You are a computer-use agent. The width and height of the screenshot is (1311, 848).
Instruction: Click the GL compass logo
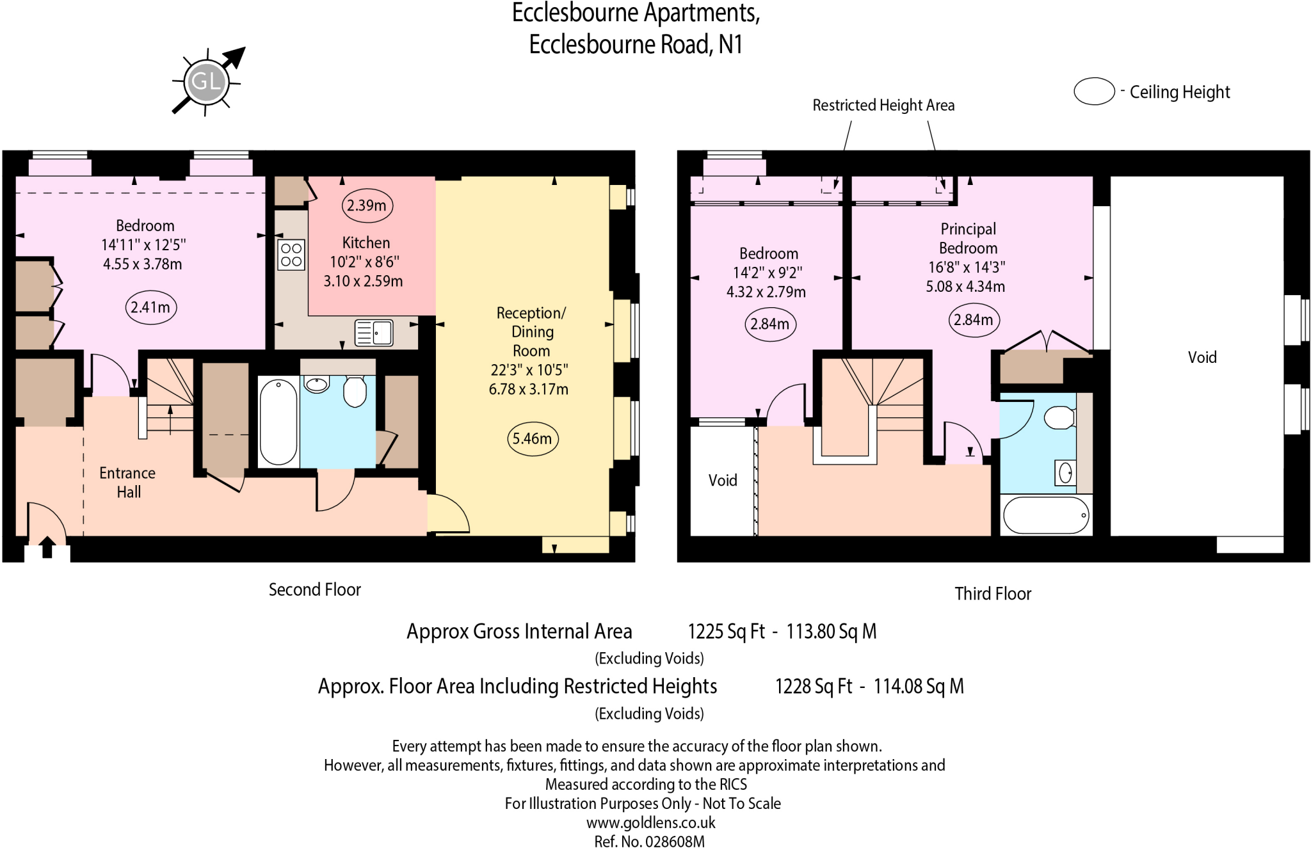tap(206, 81)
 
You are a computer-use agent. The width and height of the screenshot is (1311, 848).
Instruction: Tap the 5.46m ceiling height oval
tap(532, 438)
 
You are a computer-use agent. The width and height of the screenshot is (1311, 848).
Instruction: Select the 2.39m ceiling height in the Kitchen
tap(366, 205)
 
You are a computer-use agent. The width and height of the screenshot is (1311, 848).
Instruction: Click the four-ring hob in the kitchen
tap(291, 255)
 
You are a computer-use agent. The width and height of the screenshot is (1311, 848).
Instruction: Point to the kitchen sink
tap(374, 333)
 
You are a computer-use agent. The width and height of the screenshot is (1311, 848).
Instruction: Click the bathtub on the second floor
tap(278, 422)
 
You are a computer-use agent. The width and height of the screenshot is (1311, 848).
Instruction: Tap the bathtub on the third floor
tap(1046, 515)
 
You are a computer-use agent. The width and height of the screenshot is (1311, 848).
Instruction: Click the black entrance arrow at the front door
tap(47, 547)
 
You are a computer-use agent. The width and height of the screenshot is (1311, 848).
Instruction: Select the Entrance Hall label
tap(127, 483)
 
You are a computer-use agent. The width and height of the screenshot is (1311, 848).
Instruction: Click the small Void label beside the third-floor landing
tap(722, 481)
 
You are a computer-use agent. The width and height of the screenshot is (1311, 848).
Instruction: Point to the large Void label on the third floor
tap(1202, 358)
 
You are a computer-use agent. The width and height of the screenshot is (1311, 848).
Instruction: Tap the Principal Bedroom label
tap(968, 238)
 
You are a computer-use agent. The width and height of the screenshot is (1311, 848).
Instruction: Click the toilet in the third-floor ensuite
tap(1059, 418)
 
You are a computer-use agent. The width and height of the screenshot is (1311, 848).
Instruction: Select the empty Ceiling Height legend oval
tap(1094, 92)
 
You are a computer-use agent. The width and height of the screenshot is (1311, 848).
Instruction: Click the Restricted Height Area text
tap(883, 105)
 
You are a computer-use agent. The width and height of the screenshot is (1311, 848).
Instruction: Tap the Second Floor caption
tap(314, 589)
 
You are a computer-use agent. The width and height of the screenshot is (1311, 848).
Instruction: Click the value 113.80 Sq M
tap(831, 632)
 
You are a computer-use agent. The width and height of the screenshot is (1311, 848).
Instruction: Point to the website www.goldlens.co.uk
tap(650, 822)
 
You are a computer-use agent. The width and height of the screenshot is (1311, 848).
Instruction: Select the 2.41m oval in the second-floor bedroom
tap(150, 307)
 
